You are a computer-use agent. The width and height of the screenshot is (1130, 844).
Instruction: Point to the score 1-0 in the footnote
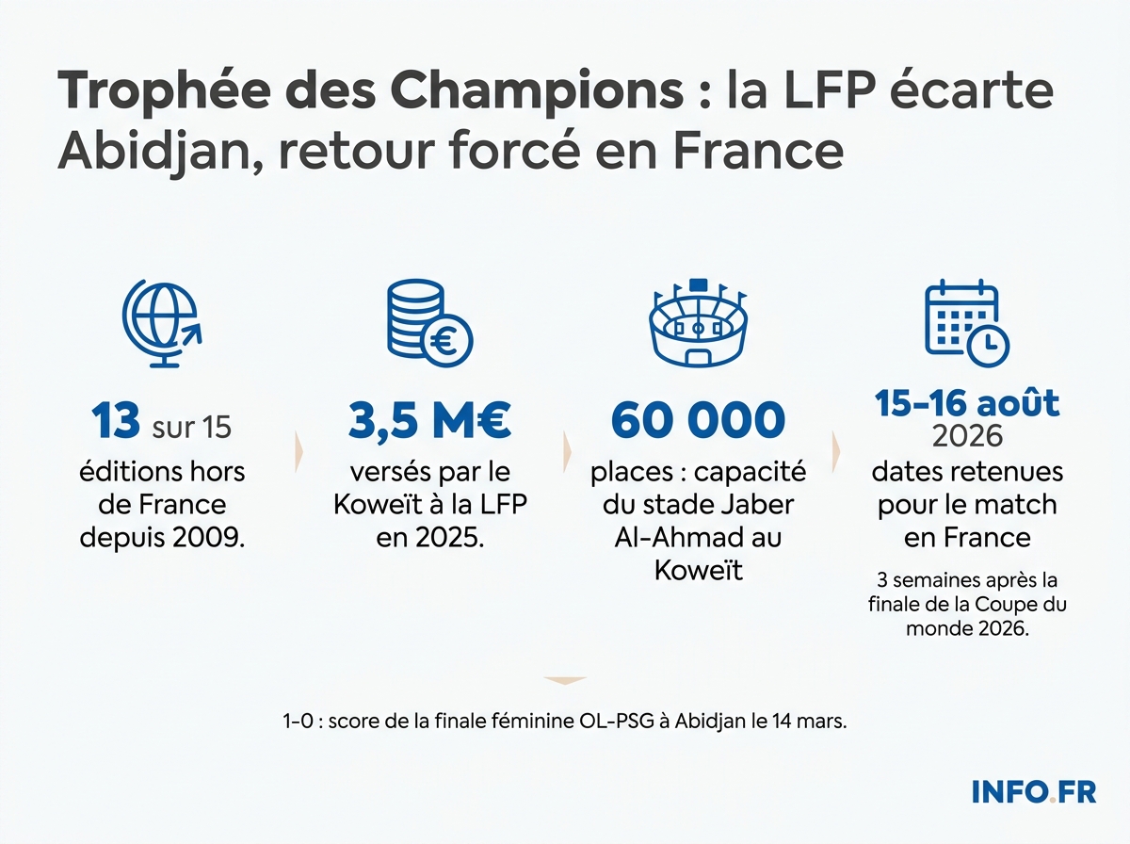click(x=297, y=722)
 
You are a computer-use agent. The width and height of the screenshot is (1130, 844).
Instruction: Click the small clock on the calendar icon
click(x=988, y=347)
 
